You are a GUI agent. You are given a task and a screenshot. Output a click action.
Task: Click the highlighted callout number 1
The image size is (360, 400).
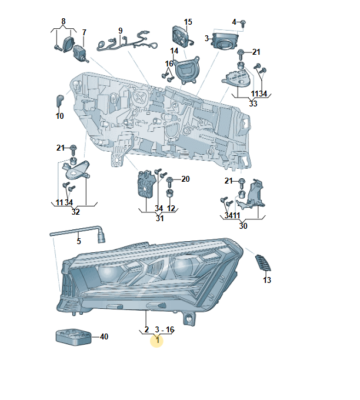pos(158,340)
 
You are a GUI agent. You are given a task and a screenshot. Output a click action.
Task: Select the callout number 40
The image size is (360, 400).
pos(104,336)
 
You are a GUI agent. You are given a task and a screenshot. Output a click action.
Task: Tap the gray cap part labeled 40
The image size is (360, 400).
pos(74,337)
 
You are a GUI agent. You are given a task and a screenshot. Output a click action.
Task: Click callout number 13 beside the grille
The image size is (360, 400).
pos(267,280)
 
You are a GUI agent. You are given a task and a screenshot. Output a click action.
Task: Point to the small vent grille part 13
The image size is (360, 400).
pos(263,262)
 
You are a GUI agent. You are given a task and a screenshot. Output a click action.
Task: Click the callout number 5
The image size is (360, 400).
pos(79,241)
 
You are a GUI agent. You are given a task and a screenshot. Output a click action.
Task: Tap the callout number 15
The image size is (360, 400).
pos(188,22)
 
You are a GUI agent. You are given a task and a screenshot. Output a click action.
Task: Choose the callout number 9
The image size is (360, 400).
pos(121,31)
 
